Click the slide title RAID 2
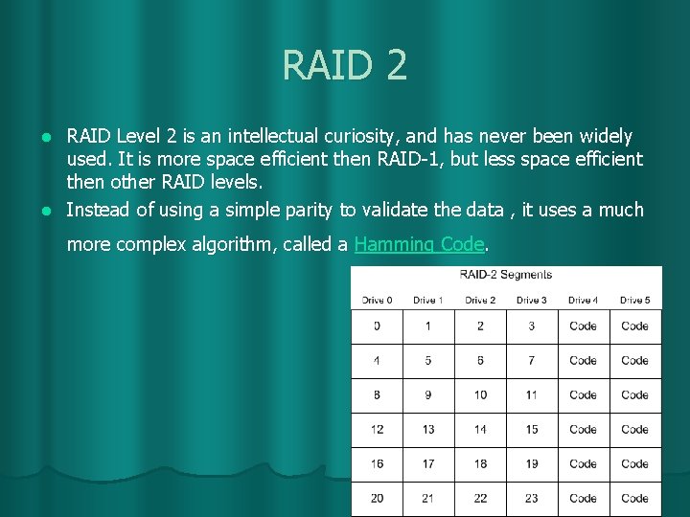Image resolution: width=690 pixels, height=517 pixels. pyautogui.click(x=345, y=65)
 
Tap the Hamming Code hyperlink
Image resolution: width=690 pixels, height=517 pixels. pyautogui.click(x=419, y=244)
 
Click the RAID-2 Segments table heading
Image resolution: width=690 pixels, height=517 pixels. pyautogui.click(x=505, y=275)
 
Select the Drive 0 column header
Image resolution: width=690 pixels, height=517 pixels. pyautogui.click(x=377, y=301)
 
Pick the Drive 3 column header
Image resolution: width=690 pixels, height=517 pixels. pyautogui.click(x=531, y=301)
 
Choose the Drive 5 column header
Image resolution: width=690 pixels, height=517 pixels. pyautogui.click(x=634, y=301)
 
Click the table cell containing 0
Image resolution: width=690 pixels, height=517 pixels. pyautogui.click(x=377, y=326)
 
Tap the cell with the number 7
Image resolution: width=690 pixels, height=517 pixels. pyautogui.click(x=531, y=361)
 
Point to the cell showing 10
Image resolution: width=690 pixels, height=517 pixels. pyautogui.click(x=480, y=395)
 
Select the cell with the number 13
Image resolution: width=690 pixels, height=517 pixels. pyautogui.click(x=427, y=430)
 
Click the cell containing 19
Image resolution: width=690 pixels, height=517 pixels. pyautogui.click(x=531, y=464)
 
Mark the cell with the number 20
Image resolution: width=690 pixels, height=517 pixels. pyautogui.click(x=377, y=499)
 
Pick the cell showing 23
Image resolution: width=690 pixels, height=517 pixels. pyautogui.click(x=531, y=499)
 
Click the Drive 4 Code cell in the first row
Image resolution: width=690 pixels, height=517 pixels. pyautogui.click(x=583, y=326)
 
